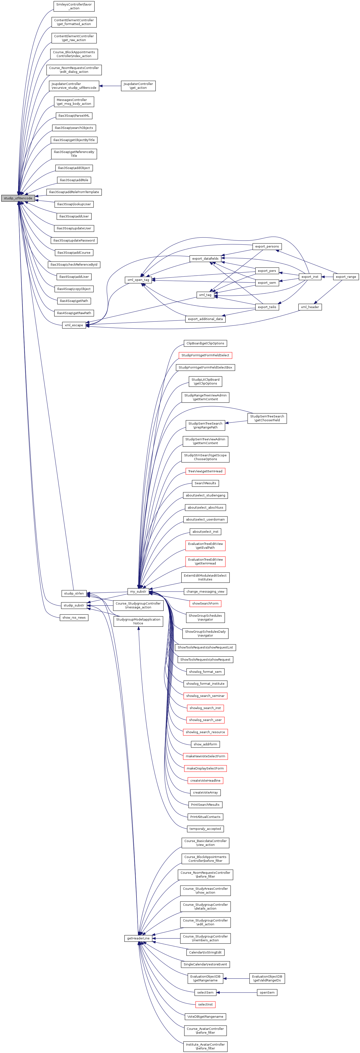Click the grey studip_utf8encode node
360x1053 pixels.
18,198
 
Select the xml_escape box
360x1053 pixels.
74,325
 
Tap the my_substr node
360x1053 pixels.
138,591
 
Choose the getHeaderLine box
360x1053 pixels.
138,938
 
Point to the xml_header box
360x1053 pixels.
310,307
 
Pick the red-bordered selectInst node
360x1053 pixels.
205,1004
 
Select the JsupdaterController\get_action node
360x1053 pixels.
138,86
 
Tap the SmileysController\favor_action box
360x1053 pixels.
74,6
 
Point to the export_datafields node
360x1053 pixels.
205,259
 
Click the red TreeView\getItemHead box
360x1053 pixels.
205,471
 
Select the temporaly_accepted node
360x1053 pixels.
205,829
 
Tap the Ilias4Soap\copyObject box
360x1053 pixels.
74,289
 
